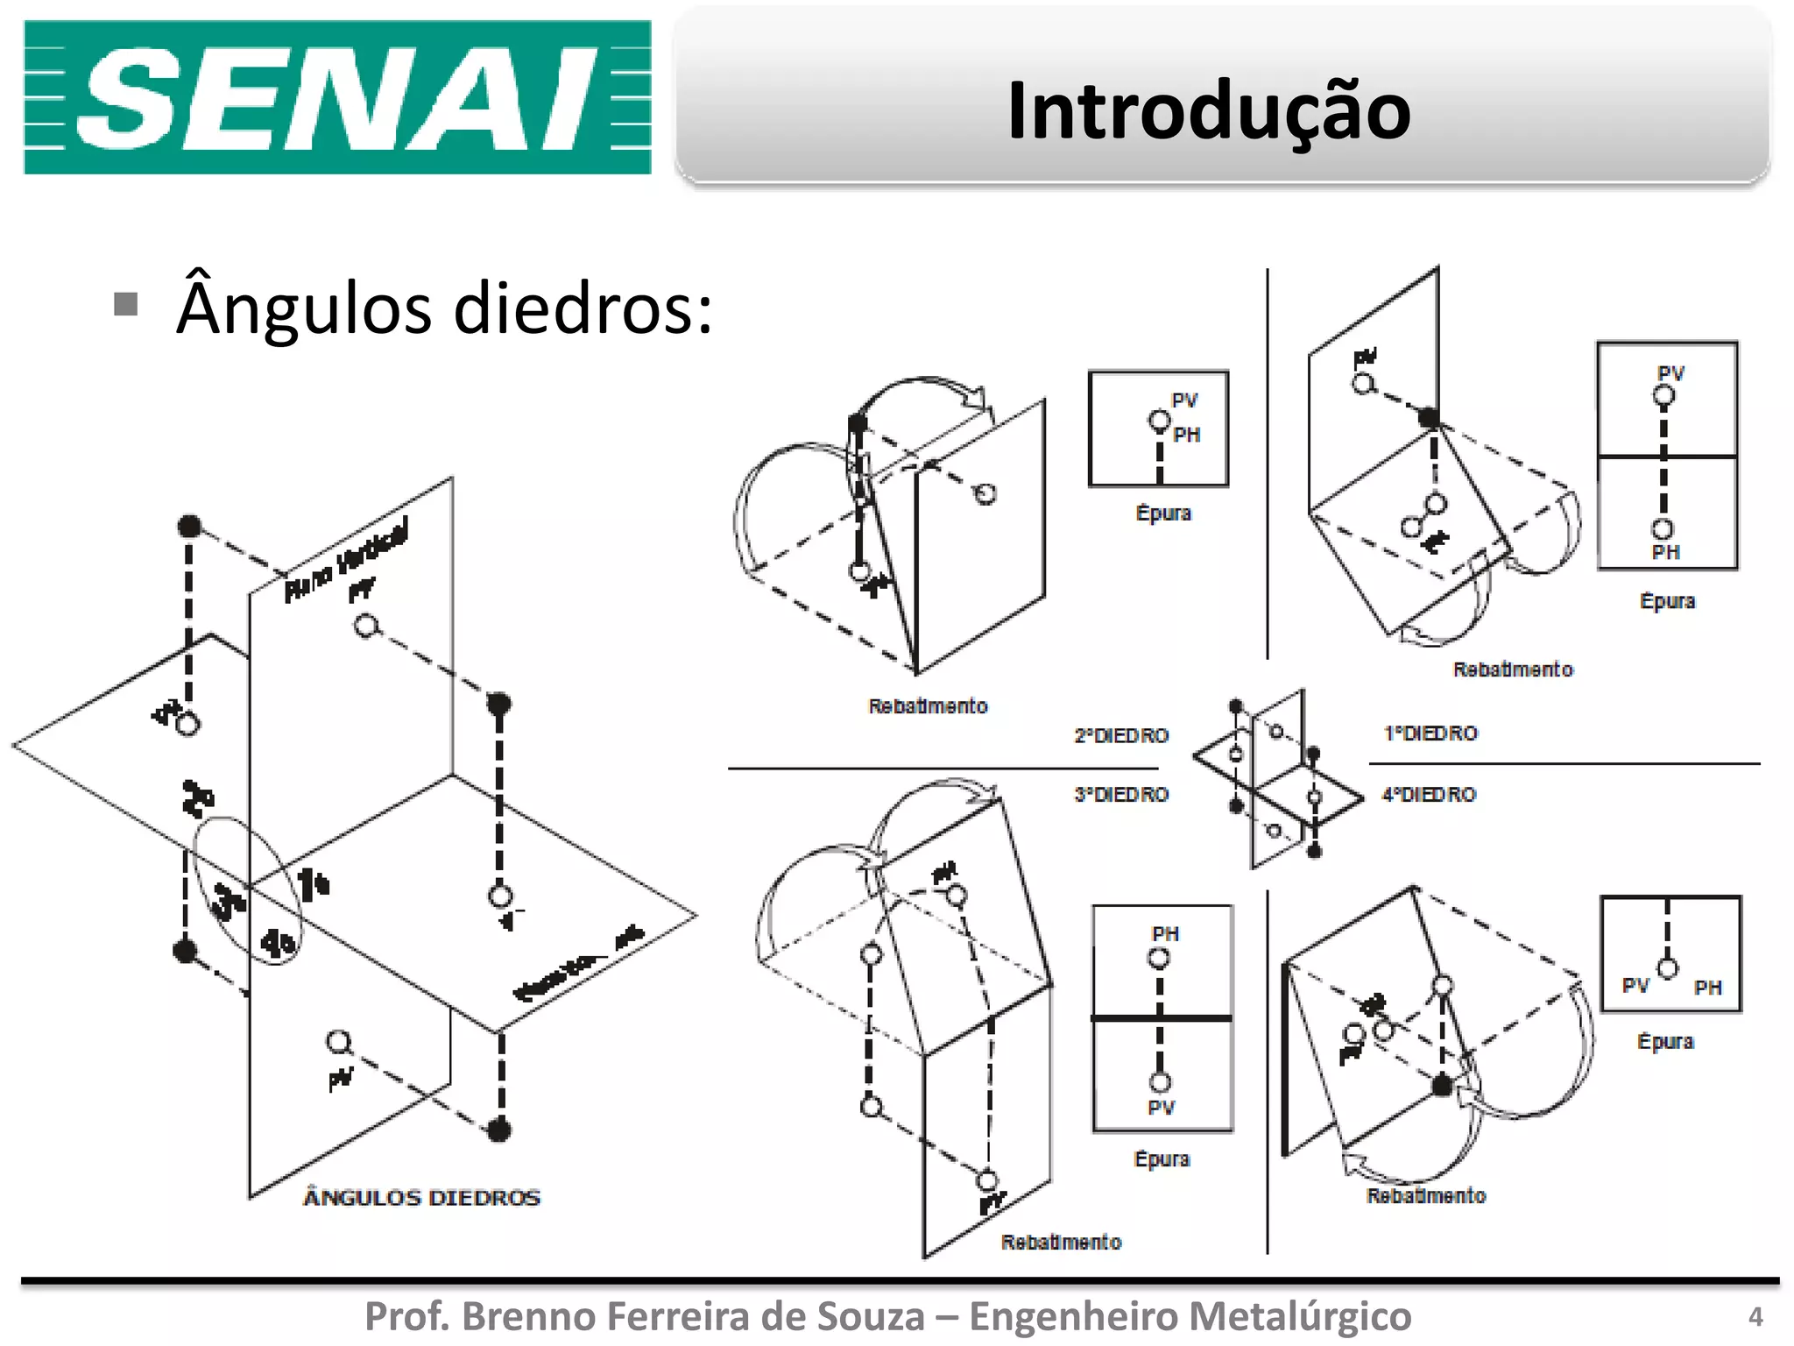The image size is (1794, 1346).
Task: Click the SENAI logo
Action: point(337,97)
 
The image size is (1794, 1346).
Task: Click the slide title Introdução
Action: point(1208,110)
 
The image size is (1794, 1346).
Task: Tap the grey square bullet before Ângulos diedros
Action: point(126,304)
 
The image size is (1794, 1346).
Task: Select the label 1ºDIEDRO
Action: point(1430,733)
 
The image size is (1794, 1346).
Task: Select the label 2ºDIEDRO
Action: point(1121,735)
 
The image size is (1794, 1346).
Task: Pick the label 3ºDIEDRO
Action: point(1121,795)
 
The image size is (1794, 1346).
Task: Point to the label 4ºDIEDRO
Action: point(1429,795)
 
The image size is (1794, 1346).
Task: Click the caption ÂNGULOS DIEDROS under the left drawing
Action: point(421,1197)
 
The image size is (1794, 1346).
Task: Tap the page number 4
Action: point(1755,1316)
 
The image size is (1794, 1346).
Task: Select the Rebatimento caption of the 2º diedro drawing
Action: point(928,706)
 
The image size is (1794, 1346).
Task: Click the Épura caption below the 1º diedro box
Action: point(1667,601)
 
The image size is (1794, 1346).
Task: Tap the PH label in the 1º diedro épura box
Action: point(1665,552)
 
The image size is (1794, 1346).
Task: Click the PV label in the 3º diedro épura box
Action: point(1161,1108)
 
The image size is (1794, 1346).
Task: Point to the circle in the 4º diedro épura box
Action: point(1668,968)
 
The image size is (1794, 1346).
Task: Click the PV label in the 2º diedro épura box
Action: point(1184,400)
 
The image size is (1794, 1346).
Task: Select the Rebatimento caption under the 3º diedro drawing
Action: point(1061,1242)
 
